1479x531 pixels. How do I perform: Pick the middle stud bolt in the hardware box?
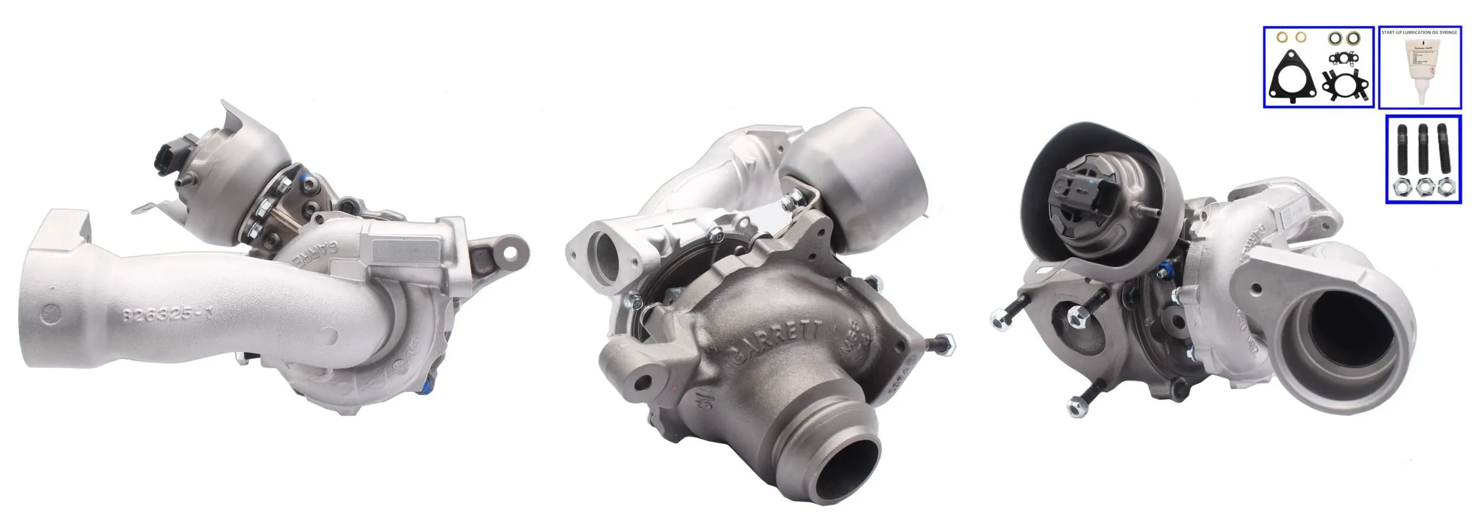pyautogui.click(x=1423, y=150)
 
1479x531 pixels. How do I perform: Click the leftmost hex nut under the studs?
pyautogui.click(x=1403, y=188)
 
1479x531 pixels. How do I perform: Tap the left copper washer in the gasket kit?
pyautogui.click(x=1277, y=54)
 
